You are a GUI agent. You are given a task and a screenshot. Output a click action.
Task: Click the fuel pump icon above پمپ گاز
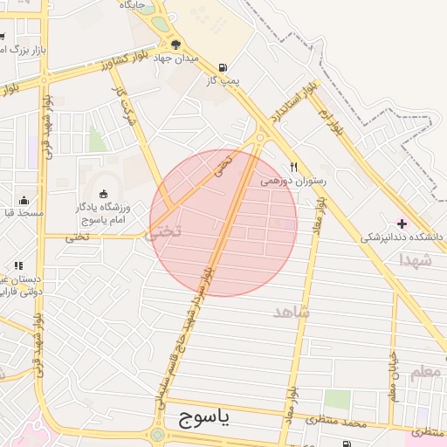coord(223,67)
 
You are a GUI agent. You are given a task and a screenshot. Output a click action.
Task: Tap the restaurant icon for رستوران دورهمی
coord(295,168)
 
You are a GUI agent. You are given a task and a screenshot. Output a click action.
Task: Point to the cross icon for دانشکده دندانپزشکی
coord(402,223)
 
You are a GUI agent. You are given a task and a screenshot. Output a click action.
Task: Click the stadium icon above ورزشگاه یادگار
coord(104,194)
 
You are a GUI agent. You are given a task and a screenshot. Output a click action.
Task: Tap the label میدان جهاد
coord(176,58)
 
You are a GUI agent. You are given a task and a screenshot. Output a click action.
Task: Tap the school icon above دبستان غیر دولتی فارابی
coord(17,265)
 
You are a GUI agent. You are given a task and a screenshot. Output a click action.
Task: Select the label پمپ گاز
coord(222,81)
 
